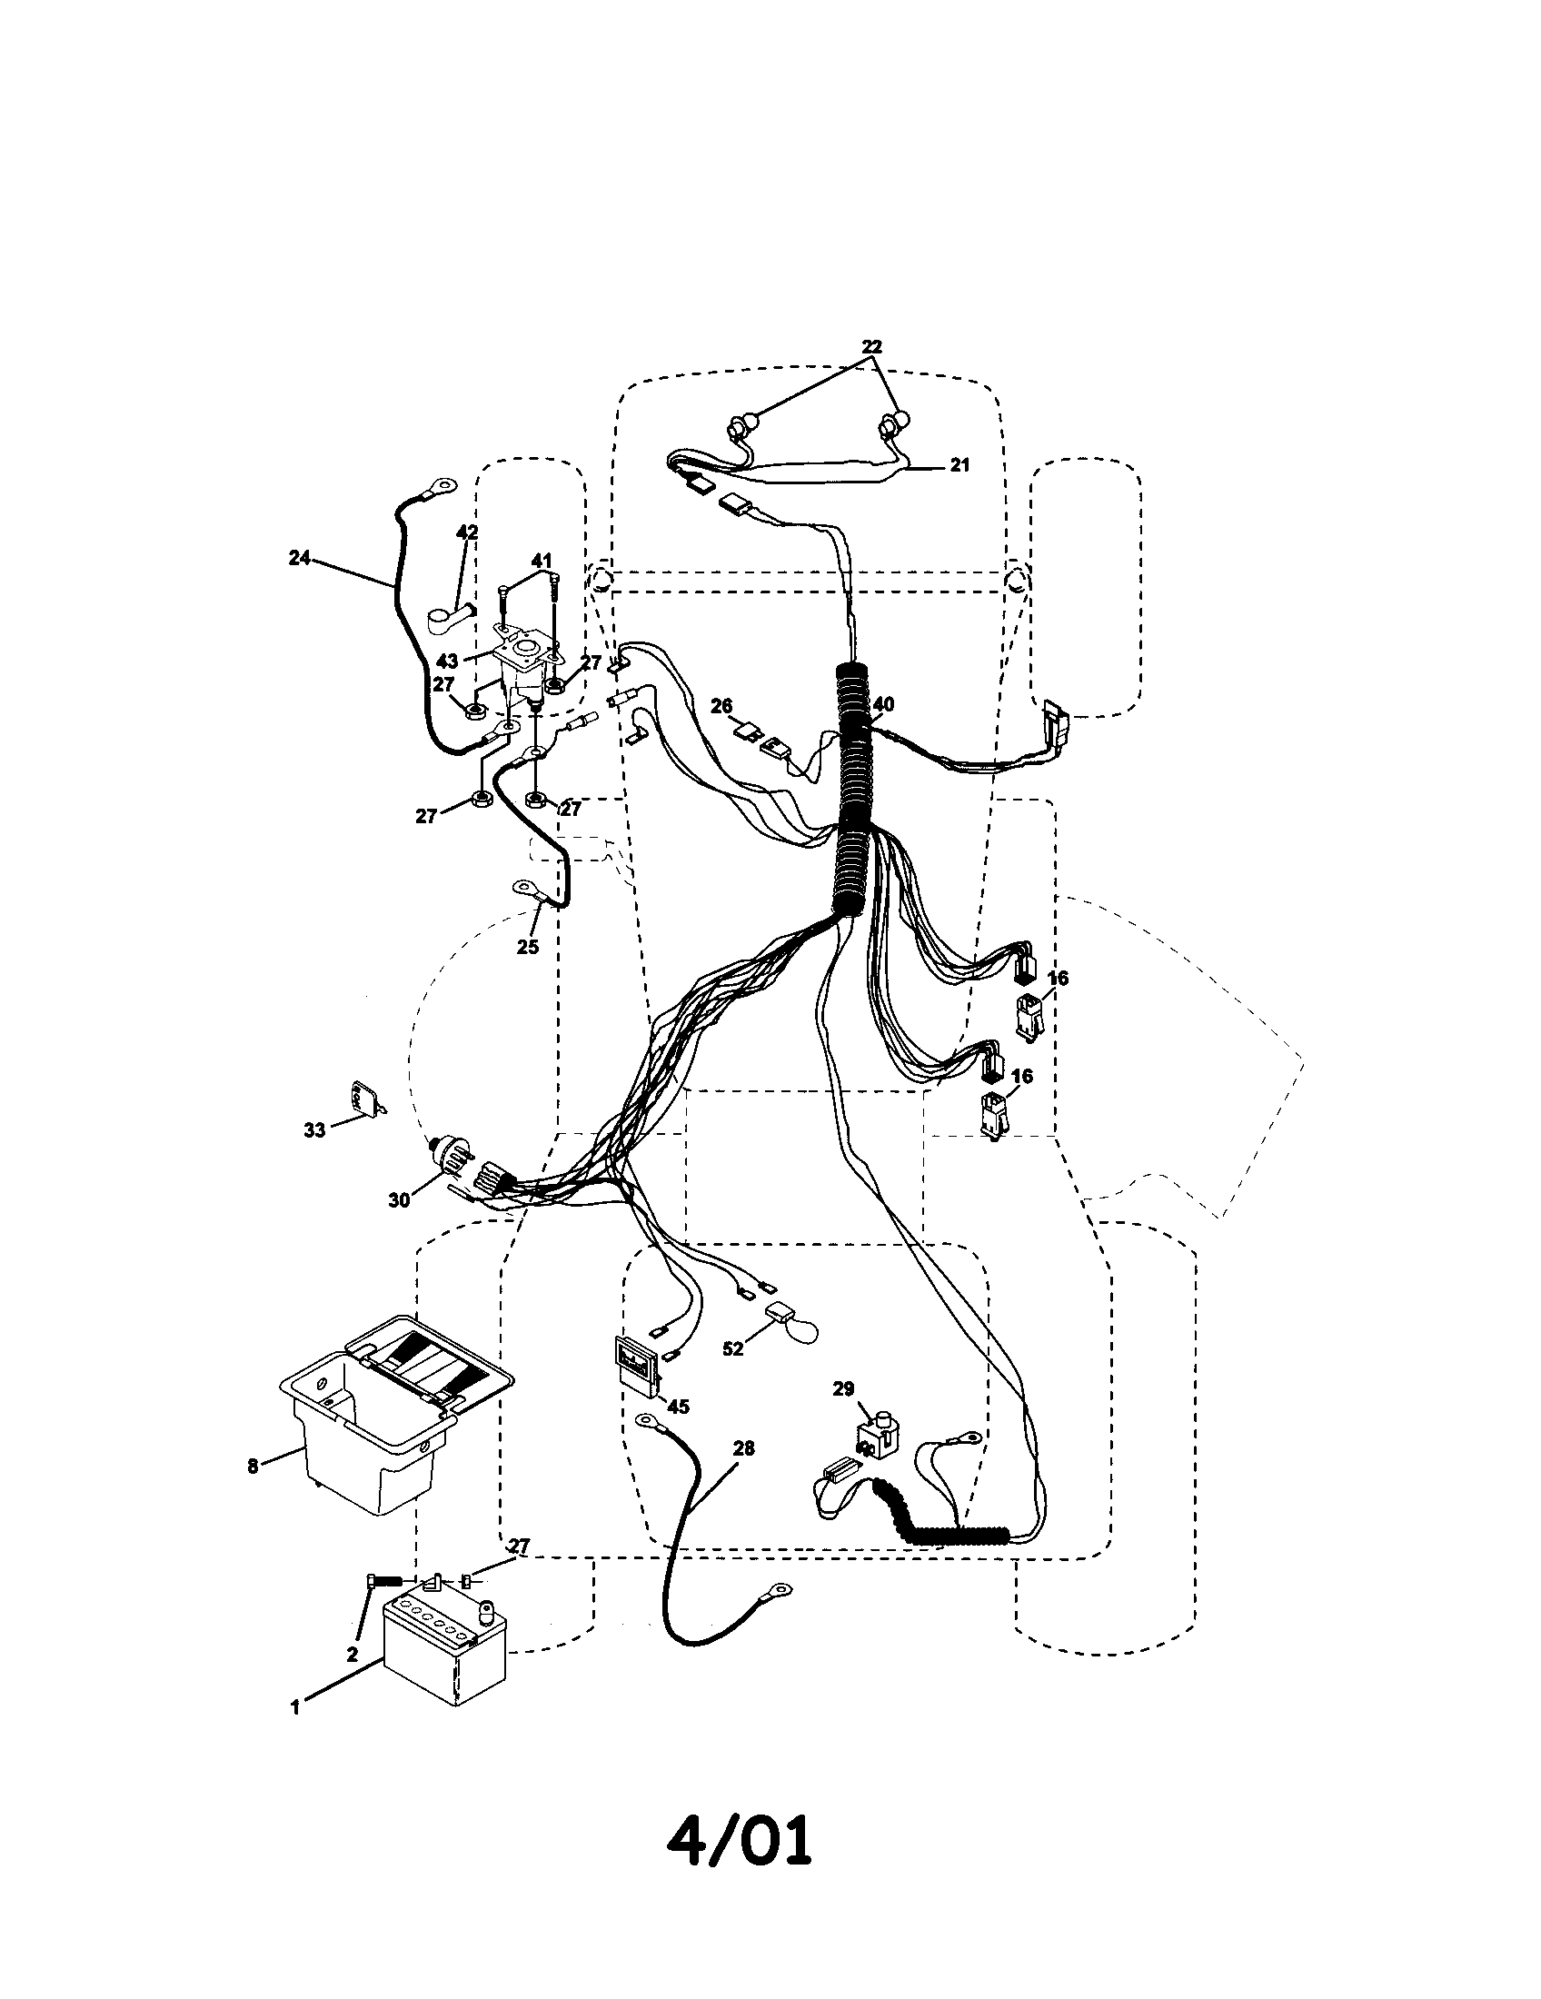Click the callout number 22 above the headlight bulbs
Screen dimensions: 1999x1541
coord(871,347)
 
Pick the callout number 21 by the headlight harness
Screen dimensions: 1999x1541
coord(959,465)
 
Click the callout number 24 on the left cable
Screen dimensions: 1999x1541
coord(300,557)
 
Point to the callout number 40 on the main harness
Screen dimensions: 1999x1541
coord(883,705)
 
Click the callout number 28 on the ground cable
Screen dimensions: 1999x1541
coord(744,1448)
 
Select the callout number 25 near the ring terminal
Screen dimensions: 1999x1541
coord(528,947)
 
